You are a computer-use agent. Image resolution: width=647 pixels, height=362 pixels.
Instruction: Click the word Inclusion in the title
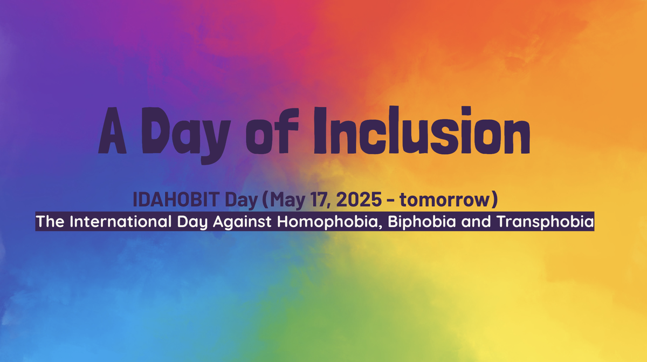click(x=422, y=130)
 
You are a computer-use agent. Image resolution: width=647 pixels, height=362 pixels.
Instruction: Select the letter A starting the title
click(x=112, y=131)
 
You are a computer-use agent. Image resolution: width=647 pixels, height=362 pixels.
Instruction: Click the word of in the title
click(x=272, y=131)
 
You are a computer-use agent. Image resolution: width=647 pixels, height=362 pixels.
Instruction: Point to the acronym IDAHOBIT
click(x=176, y=200)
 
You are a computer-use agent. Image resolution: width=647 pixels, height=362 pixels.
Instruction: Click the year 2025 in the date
click(x=359, y=200)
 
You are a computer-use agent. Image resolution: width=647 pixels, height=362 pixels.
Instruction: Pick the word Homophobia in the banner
click(x=330, y=222)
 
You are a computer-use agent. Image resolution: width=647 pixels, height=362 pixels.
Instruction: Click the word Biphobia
click(x=422, y=222)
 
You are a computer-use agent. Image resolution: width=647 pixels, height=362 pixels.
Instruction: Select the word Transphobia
click(x=545, y=222)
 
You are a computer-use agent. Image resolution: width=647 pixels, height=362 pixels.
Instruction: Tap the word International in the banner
click(x=121, y=222)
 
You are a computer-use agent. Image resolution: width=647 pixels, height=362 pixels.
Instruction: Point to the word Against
click(x=242, y=222)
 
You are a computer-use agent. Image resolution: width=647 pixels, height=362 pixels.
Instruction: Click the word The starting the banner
click(x=50, y=222)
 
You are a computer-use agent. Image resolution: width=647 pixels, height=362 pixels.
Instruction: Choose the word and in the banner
click(x=476, y=222)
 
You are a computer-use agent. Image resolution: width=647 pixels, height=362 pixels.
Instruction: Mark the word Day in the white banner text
click(x=192, y=222)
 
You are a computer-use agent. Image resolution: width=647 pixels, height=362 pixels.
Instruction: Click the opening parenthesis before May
click(x=265, y=200)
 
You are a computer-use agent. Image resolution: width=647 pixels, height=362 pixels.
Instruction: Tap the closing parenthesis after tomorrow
click(x=495, y=200)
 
